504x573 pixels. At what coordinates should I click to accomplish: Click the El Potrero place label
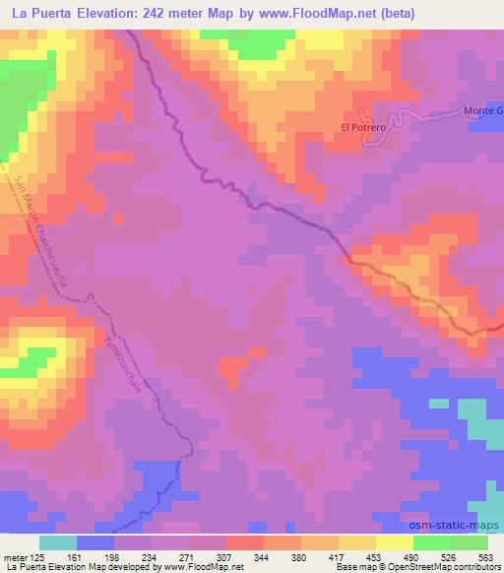pyautogui.click(x=360, y=127)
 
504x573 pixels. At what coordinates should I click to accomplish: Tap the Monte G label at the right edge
pyautogui.click(x=483, y=111)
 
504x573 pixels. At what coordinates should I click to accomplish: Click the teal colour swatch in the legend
pyautogui.click(x=57, y=542)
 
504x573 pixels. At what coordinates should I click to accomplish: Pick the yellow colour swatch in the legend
pyautogui.click(x=394, y=542)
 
